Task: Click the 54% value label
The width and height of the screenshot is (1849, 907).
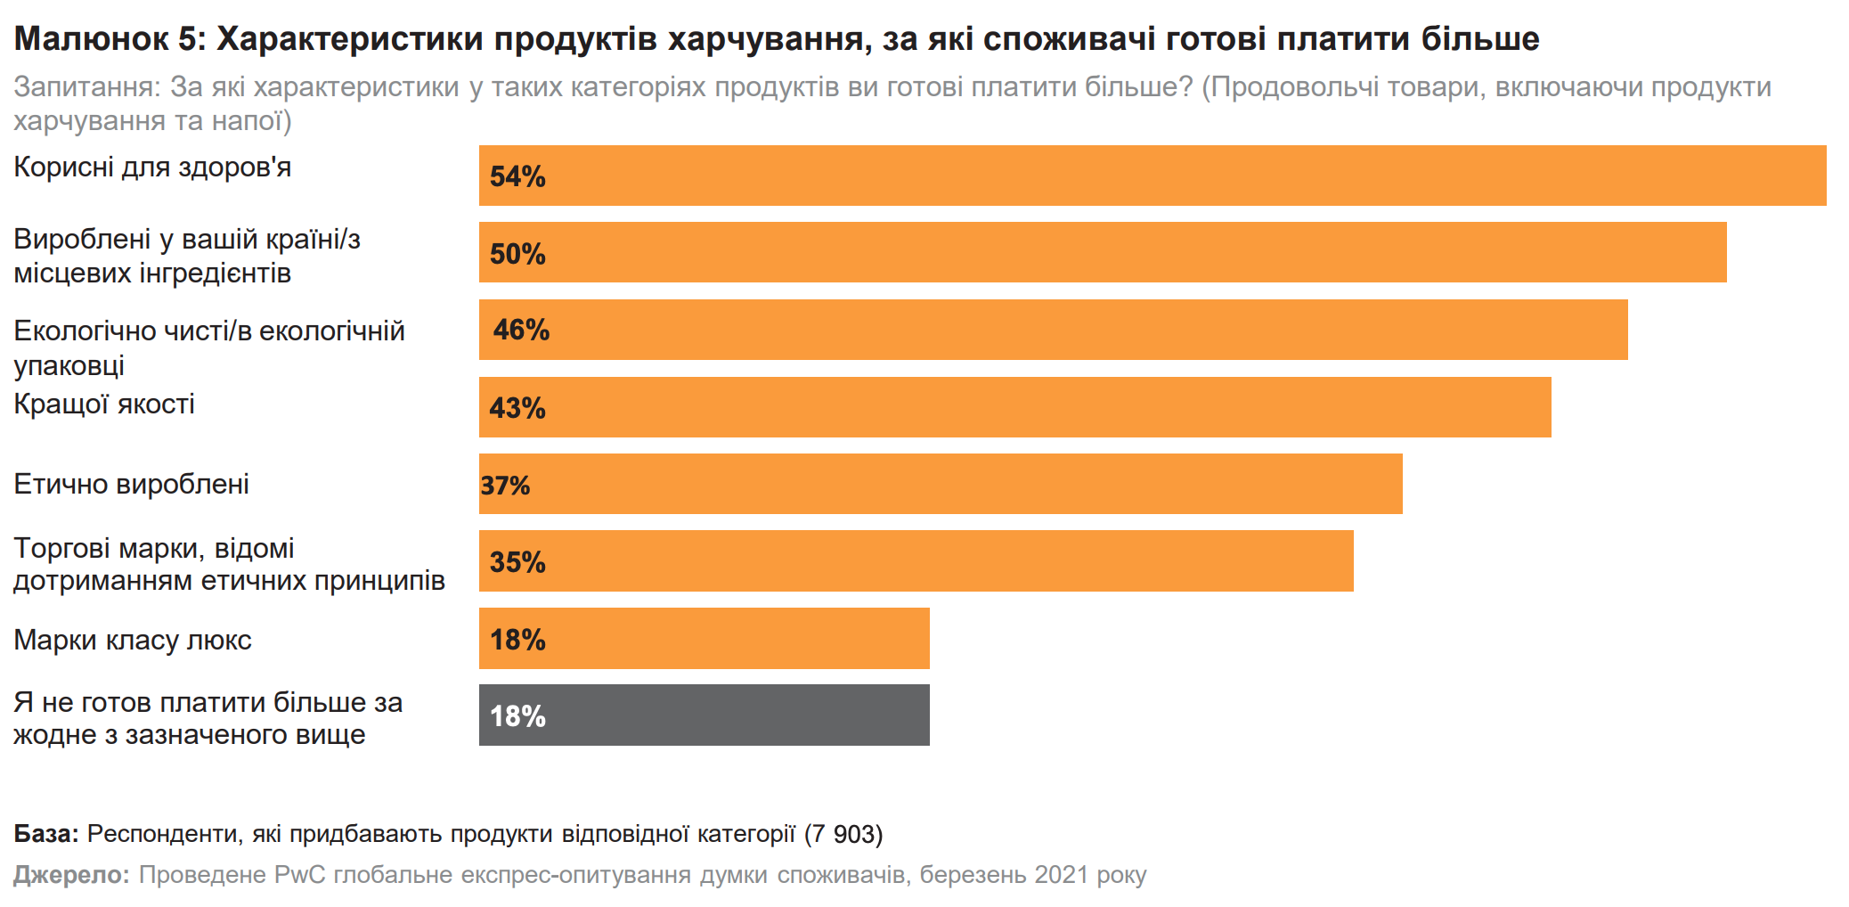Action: (x=517, y=176)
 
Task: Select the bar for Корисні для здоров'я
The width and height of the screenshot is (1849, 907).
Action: (x=1152, y=176)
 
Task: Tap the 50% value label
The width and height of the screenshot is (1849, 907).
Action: (x=517, y=254)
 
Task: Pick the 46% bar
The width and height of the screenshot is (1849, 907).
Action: (x=1053, y=330)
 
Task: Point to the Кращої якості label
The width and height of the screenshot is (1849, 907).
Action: (x=104, y=404)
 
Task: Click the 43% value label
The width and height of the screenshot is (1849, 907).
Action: (x=517, y=408)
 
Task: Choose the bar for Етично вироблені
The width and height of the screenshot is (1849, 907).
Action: (x=941, y=484)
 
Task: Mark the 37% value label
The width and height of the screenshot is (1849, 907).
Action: (x=505, y=486)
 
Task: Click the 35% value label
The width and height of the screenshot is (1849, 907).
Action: (x=517, y=562)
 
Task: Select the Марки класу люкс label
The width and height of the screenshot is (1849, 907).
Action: (x=133, y=641)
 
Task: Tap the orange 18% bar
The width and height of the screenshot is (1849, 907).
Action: (x=704, y=639)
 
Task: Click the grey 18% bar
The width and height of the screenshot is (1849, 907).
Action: (x=704, y=715)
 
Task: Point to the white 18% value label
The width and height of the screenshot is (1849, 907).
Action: (x=517, y=716)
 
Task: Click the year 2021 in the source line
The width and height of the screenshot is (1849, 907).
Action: (x=1061, y=875)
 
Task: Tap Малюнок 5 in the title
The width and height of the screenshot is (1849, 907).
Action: (x=110, y=39)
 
